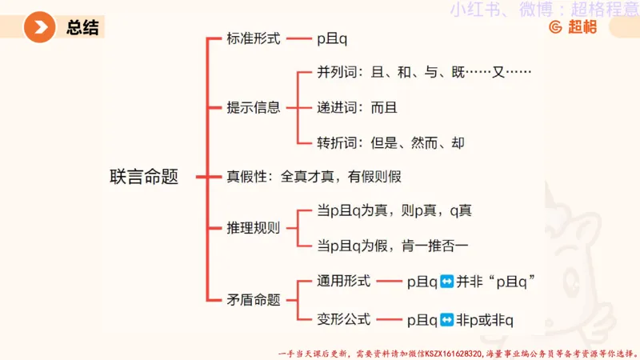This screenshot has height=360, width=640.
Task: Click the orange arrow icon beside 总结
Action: [x=39, y=28]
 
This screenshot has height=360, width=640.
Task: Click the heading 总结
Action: [x=82, y=29]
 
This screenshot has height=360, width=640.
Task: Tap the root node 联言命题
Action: [x=143, y=176]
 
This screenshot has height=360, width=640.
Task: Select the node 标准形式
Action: [x=254, y=38]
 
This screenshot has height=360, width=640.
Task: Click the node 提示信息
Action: [x=254, y=107]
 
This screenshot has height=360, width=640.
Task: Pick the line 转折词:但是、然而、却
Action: [x=390, y=143]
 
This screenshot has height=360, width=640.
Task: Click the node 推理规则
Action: [x=254, y=227]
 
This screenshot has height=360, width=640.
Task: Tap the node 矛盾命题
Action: [x=254, y=300]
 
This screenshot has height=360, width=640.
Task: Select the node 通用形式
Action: [x=343, y=281]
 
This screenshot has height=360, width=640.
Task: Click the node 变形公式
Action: [x=343, y=319]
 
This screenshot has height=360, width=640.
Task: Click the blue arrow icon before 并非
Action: [x=447, y=282]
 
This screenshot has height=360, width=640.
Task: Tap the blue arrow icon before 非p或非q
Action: [x=447, y=320]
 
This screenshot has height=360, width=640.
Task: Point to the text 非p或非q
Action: [x=485, y=320]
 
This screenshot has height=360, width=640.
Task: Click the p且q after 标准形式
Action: [x=332, y=38]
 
